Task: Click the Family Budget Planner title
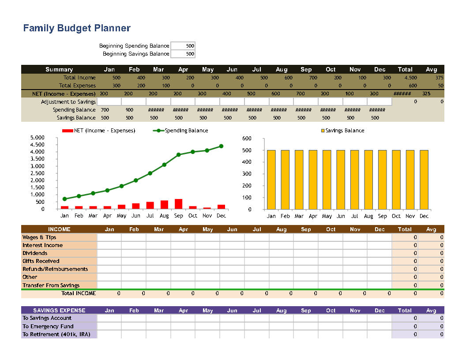pyautogui.click(x=77, y=28)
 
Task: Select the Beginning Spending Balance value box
pyautogui.click(x=183, y=46)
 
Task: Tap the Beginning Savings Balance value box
pyautogui.click(x=183, y=54)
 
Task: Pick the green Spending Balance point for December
pyautogui.click(x=221, y=146)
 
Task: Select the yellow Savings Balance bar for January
pyautogui.click(x=271, y=180)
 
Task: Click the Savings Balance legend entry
pyautogui.click(x=342, y=131)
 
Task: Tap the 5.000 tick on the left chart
pyautogui.click(x=38, y=138)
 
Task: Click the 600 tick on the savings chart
pyautogui.click(x=247, y=139)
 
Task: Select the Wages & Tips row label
pyautogui.click(x=39, y=237)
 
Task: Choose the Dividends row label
pyautogui.click(x=35, y=253)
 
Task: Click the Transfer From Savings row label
pyautogui.click(x=51, y=285)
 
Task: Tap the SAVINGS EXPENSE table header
pyautogui.click(x=59, y=310)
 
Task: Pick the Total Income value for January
pyautogui.click(x=116, y=78)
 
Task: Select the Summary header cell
pyautogui.click(x=59, y=69)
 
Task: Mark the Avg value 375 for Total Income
pyautogui.click(x=439, y=78)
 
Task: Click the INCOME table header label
pyautogui.click(x=59, y=229)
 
